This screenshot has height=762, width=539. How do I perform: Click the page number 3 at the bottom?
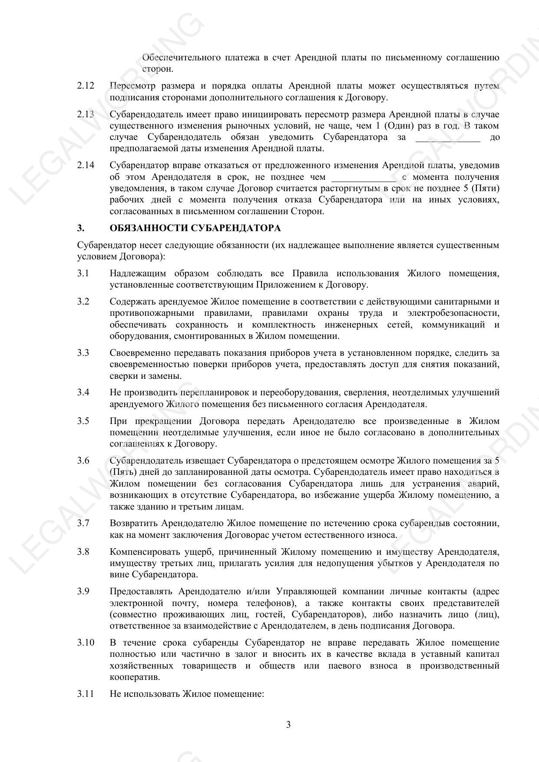pyautogui.click(x=288, y=725)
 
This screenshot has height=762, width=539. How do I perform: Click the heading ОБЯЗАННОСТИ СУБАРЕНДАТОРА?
pyautogui.click(x=195, y=229)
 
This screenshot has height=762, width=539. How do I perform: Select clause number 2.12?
pyautogui.click(x=86, y=86)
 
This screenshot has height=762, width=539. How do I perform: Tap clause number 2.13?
pyautogui.click(x=86, y=115)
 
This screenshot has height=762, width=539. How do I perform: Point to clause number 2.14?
pyautogui.click(x=86, y=166)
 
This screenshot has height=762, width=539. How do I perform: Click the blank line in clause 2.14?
pyautogui.click(x=364, y=179)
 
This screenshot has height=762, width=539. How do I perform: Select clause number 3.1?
pyautogui.click(x=83, y=274)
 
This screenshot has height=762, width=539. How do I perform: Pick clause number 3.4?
pyautogui.click(x=83, y=393)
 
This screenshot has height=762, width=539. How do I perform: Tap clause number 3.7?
pyautogui.click(x=83, y=523)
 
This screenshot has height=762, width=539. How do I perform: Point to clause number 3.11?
pyautogui.click(x=86, y=694)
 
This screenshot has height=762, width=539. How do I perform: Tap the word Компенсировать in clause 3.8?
pyautogui.click(x=144, y=552)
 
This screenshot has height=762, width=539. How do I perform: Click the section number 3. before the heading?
pyautogui.click(x=80, y=229)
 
